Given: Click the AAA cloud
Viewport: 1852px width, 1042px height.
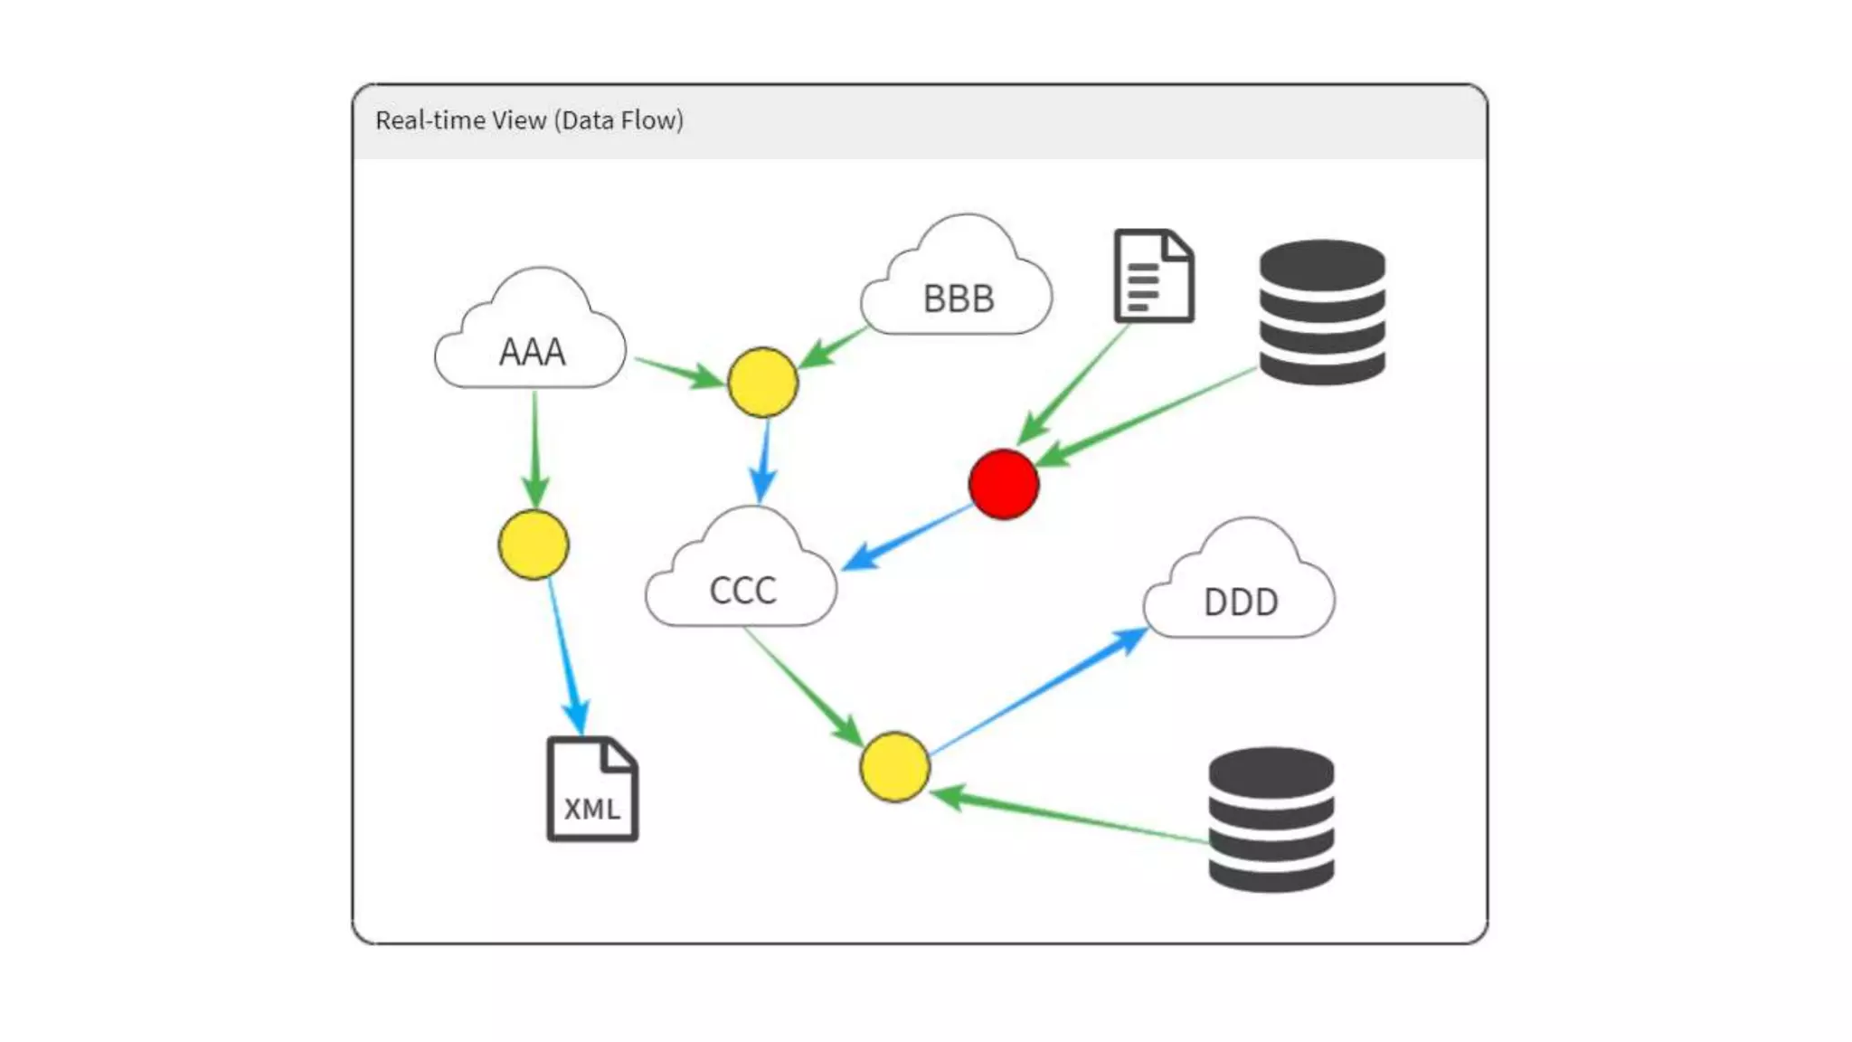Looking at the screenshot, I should [x=531, y=339].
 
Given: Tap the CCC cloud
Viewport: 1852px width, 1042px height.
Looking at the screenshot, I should [x=742, y=579].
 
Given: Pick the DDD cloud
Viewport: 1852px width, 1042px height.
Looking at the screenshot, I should [x=1240, y=590].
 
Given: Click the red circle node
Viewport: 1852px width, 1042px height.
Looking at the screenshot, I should [x=1004, y=484].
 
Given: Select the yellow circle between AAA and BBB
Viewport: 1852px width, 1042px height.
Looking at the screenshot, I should [x=762, y=382].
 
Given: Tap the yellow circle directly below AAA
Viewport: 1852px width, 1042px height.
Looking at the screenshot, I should [x=534, y=544].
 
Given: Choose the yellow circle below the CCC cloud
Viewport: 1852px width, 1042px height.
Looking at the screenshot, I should [x=894, y=767].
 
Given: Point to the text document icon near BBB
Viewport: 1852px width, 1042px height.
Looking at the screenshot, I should [x=1154, y=276].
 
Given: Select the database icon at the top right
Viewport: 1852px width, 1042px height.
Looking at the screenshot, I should [x=1322, y=312].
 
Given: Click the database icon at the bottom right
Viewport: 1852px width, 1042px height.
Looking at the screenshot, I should [x=1271, y=819].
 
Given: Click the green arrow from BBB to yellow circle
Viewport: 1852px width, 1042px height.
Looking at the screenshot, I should [x=833, y=347].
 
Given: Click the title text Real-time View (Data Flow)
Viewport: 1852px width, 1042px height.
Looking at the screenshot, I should [x=529, y=120].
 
